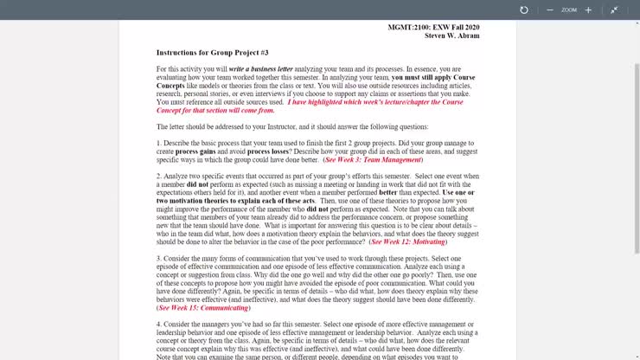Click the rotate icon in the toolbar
(523, 10)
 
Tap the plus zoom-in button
(588, 10)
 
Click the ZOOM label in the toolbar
(568, 10)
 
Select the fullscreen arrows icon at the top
(614, 10)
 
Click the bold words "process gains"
(195, 151)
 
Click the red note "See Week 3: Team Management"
(373, 160)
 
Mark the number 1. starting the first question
(159, 143)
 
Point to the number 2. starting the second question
(159, 176)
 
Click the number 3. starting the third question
(159, 259)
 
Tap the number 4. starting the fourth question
(159, 324)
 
